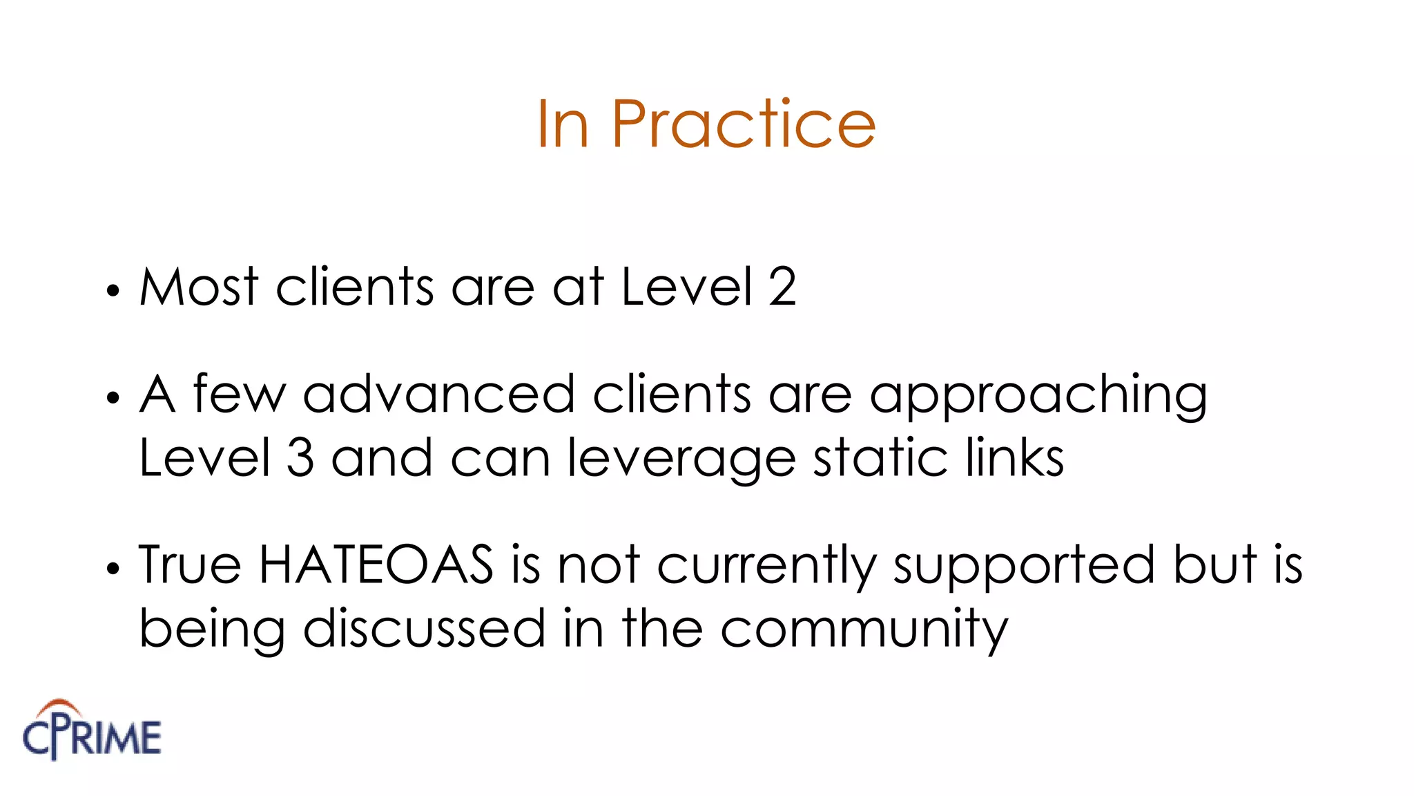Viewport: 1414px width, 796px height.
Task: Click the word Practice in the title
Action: point(744,124)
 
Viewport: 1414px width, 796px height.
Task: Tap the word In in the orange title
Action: point(562,124)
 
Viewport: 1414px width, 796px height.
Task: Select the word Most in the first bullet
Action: point(199,287)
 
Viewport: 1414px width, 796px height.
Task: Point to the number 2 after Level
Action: point(782,287)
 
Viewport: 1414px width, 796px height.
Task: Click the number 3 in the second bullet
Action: point(300,457)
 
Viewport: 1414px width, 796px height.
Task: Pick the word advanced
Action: point(438,395)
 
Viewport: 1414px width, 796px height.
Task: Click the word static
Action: point(880,457)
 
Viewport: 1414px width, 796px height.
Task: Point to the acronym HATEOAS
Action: point(376,565)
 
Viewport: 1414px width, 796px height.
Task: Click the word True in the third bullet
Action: point(190,565)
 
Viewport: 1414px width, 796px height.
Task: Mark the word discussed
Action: point(425,628)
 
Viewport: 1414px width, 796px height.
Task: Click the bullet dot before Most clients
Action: point(113,291)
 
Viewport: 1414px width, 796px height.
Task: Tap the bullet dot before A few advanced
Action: point(113,398)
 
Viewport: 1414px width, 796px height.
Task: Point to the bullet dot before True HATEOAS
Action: point(113,569)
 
